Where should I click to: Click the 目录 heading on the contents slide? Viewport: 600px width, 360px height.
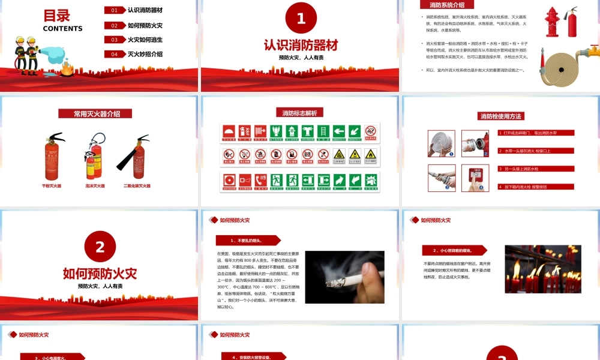(x=57, y=16)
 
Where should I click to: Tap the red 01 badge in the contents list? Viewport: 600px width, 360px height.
(x=114, y=10)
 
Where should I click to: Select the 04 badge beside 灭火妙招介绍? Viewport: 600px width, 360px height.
(x=114, y=54)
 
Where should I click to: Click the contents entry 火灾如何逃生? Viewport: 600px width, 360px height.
(x=145, y=40)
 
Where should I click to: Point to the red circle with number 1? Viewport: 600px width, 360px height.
(x=301, y=19)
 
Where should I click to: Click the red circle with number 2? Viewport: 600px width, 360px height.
(x=100, y=247)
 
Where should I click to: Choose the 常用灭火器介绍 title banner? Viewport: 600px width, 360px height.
(x=95, y=113)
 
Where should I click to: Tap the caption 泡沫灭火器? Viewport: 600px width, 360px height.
(x=95, y=186)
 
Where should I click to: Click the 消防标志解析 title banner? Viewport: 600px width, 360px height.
(x=300, y=112)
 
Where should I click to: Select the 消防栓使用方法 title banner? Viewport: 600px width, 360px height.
(x=500, y=116)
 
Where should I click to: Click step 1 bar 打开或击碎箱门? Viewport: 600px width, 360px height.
(x=535, y=133)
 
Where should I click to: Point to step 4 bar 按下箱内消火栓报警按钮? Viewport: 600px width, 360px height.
(x=535, y=187)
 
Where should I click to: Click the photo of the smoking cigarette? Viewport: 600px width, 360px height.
(x=344, y=277)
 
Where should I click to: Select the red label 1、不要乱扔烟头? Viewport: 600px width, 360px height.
(x=247, y=240)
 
